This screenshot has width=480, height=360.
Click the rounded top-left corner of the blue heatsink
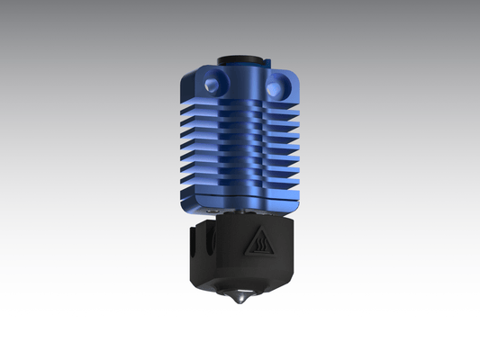(194, 74)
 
